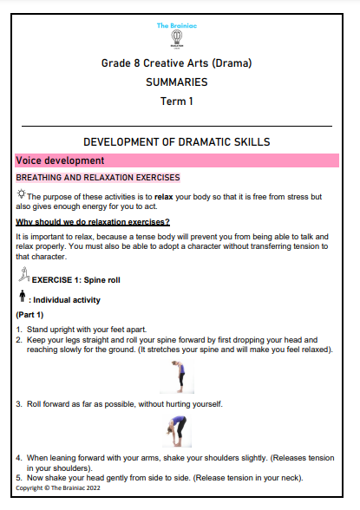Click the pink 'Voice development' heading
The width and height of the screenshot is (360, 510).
[x=62, y=160]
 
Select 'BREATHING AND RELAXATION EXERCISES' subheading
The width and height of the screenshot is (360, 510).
[x=97, y=178]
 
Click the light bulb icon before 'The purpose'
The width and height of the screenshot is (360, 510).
[x=21, y=194]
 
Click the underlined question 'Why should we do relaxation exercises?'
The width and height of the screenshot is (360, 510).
[x=93, y=222]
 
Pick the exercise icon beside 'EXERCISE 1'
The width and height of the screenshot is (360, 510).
[x=23, y=277]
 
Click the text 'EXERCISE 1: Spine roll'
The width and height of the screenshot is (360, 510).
[x=79, y=280]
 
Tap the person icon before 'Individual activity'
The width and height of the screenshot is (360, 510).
[x=21, y=298]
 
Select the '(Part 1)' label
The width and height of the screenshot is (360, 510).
[x=33, y=316]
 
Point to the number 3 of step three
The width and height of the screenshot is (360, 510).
[x=18, y=404]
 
